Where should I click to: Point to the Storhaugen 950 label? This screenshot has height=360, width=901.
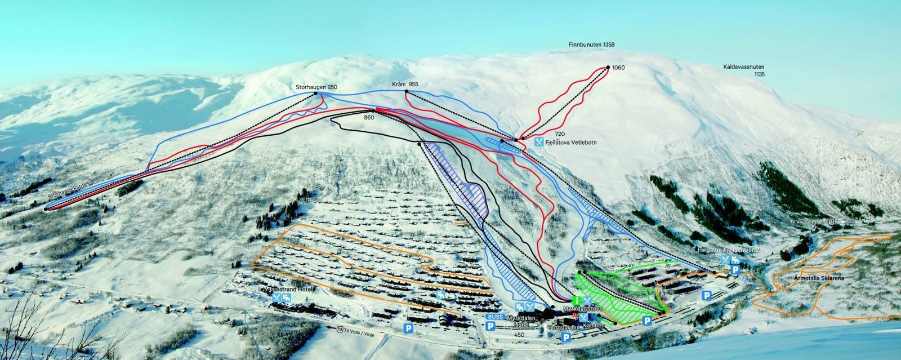(316, 87)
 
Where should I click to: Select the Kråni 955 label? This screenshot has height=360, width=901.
(405, 84)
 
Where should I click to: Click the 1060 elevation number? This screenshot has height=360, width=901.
(618, 68)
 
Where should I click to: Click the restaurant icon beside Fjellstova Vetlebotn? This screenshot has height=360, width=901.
(539, 143)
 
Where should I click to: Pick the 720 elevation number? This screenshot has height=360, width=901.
(559, 134)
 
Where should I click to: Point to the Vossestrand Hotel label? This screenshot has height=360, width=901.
(287, 289)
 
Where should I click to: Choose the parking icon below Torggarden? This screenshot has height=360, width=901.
(565, 337)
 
